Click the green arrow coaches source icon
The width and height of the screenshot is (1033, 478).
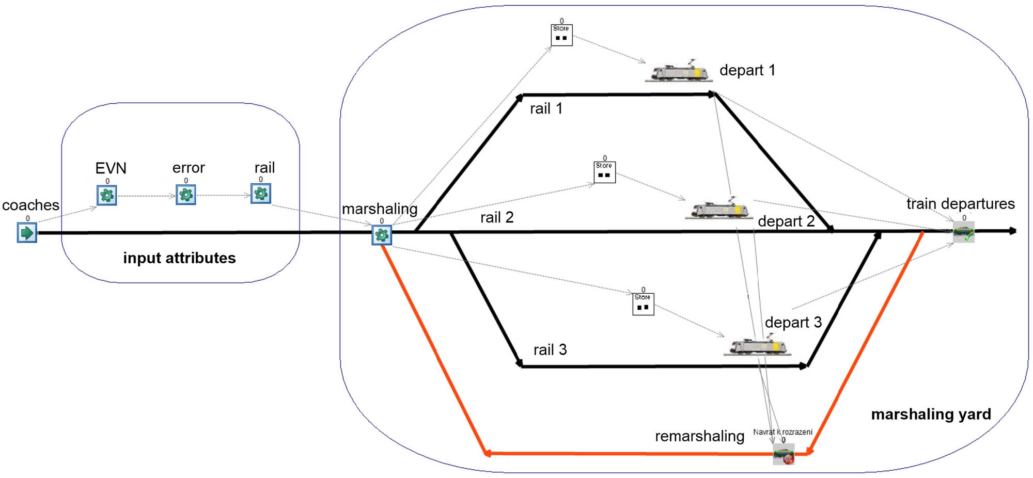point(27,233)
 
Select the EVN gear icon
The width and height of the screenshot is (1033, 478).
point(107,196)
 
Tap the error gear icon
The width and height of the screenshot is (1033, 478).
point(186,195)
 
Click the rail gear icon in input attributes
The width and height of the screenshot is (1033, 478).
point(261,194)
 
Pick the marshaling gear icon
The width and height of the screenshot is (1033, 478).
point(382,235)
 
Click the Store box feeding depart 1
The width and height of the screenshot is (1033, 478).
point(561,35)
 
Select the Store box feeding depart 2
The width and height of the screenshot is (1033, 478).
point(604,172)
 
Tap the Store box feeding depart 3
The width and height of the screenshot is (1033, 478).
point(643,304)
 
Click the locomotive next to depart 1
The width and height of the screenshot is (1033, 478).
point(679,72)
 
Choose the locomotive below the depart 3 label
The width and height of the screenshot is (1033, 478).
point(758,345)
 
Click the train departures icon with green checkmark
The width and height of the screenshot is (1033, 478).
point(964,232)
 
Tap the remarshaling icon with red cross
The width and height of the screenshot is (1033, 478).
point(784,455)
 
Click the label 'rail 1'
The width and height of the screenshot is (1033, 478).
point(546,109)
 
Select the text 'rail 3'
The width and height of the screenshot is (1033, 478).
point(550,350)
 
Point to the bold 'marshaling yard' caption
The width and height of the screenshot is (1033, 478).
point(931,414)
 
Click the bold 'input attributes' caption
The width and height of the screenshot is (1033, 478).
point(179,258)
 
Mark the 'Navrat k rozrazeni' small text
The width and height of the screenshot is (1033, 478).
point(782,432)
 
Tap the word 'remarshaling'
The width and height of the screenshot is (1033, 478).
point(699,436)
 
